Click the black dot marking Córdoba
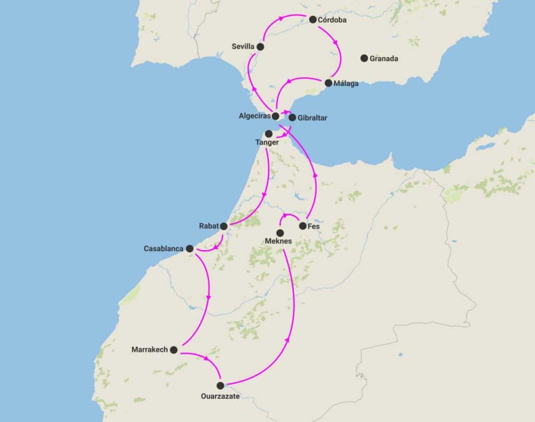pos(313,20)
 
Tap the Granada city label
pos(383,59)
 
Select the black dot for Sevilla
pos(260,46)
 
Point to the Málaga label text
pos(347,84)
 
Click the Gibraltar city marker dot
pos(292,118)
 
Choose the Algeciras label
pos(254,116)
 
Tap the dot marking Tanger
pos(269,133)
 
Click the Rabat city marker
pos(224,226)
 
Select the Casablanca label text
pos(163,249)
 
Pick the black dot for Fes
pos(303,226)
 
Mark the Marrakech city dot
pos(174,349)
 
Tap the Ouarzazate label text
pos(220,396)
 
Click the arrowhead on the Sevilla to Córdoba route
pos(281,18)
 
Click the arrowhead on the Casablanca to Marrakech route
pos(208,298)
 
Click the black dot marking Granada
pos(364,58)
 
